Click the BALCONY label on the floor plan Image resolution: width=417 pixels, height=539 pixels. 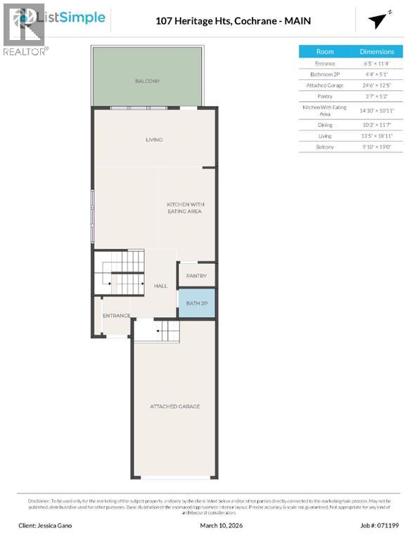(148, 81)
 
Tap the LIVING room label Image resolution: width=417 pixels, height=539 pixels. (154, 140)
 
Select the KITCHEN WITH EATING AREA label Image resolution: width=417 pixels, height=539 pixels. (184, 207)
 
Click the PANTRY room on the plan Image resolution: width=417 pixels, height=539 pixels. (196, 276)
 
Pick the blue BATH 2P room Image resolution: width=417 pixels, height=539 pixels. (196, 302)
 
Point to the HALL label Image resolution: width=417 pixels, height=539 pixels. (160, 286)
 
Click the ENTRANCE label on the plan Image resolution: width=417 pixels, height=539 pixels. (116, 316)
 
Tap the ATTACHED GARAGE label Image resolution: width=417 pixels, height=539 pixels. (174, 406)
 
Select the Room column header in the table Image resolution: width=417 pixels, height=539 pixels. (325, 51)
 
